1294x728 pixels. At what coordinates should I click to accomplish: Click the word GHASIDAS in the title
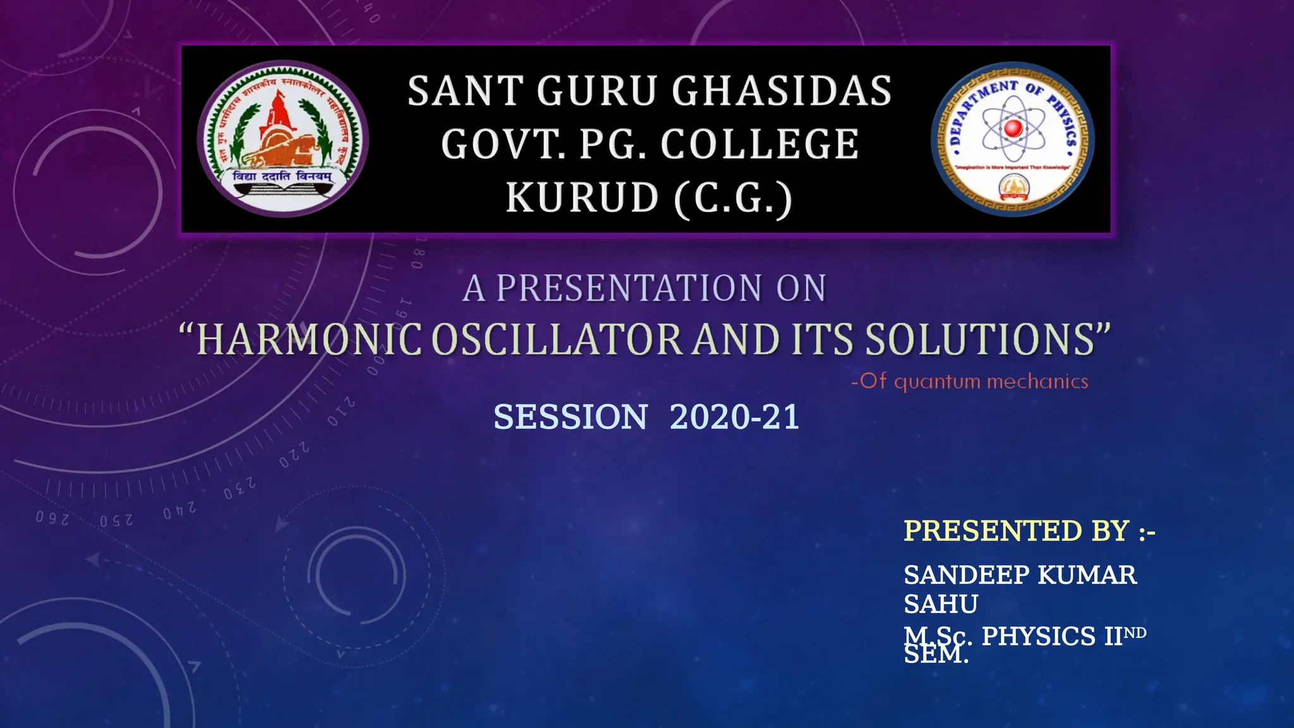[x=782, y=92]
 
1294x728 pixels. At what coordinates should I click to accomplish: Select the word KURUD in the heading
[x=582, y=198]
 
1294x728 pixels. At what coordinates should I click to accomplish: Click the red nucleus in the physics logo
[x=1013, y=128]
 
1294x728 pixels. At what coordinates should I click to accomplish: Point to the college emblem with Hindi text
[x=282, y=138]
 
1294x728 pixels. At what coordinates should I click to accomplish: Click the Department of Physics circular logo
[x=1013, y=139]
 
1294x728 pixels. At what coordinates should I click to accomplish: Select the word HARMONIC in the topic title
[x=309, y=340]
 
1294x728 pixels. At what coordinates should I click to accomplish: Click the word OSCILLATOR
[x=557, y=340]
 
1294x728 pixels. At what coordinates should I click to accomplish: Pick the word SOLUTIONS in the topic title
[x=980, y=340]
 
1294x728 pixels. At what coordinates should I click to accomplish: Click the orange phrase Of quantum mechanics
[x=970, y=382]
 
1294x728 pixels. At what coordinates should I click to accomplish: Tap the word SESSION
[x=570, y=418]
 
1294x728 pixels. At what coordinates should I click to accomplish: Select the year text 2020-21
[x=734, y=418]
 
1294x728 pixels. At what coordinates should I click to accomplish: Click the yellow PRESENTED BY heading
[x=1029, y=531]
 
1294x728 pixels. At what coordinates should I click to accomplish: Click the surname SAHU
[x=941, y=605]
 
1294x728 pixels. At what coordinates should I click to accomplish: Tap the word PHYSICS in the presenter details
[x=1038, y=636]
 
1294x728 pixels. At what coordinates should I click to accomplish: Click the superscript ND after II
[x=1135, y=633]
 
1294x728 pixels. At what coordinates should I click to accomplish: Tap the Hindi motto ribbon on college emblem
[x=282, y=177]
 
